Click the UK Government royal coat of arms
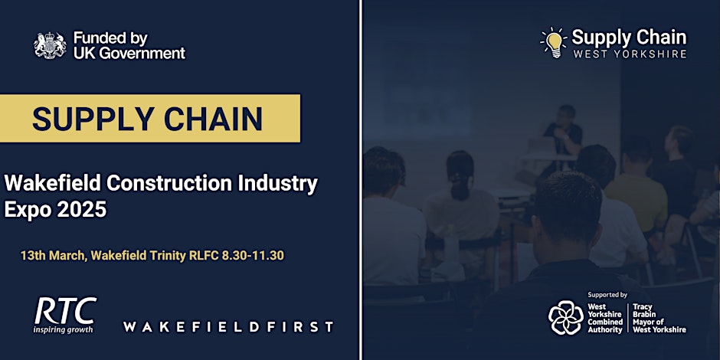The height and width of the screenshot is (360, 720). (50, 45)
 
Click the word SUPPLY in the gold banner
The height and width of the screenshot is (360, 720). (92, 119)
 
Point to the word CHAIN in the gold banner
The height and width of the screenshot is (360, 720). (213, 119)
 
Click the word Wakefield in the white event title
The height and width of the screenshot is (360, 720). (53, 184)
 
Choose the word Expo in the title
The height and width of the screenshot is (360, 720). (27, 209)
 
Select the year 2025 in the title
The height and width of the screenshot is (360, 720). (82, 209)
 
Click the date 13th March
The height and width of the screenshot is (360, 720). (52, 256)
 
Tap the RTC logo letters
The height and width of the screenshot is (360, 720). (65, 311)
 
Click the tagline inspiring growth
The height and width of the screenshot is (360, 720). (63, 329)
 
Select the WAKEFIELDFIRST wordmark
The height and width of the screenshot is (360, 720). (228, 327)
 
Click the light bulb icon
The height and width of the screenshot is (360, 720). (555, 43)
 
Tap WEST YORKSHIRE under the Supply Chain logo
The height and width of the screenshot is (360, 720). (630, 54)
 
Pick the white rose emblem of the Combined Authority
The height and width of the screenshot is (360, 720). (566, 317)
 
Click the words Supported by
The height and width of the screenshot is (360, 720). (607, 295)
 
